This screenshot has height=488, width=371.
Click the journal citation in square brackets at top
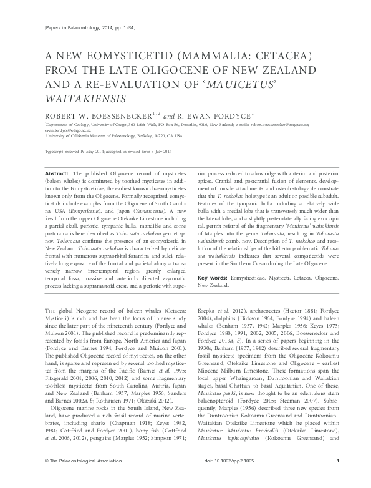point(79,29)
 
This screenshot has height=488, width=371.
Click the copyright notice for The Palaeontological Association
point(72,477)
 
